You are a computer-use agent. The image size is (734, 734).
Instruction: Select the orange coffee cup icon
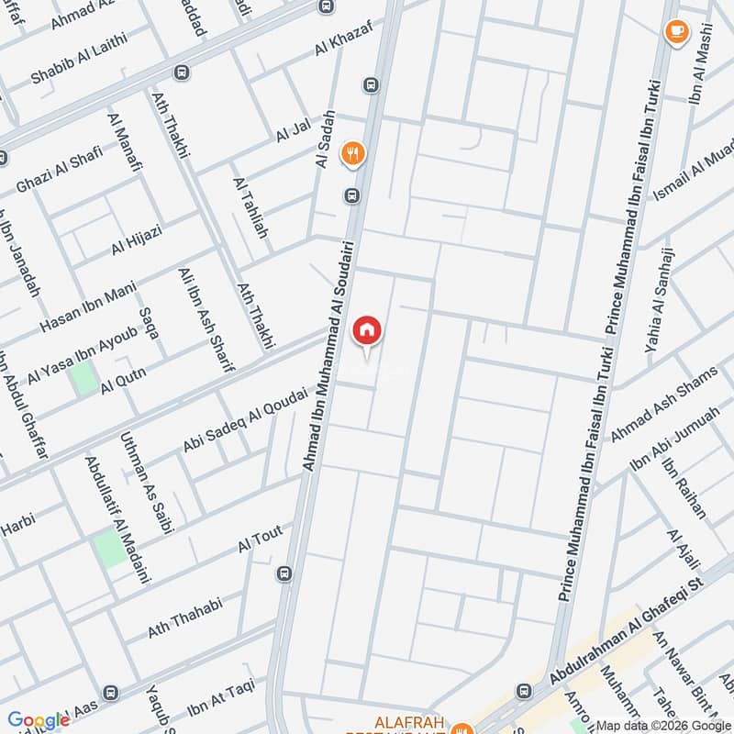click(x=676, y=33)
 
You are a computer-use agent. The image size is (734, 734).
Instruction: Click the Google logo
click(x=39, y=721)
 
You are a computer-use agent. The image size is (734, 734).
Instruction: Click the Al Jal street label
click(x=295, y=132)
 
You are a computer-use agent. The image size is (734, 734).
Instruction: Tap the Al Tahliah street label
click(x=250, y=208)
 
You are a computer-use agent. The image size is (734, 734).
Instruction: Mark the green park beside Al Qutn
click(x=85, y=378)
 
